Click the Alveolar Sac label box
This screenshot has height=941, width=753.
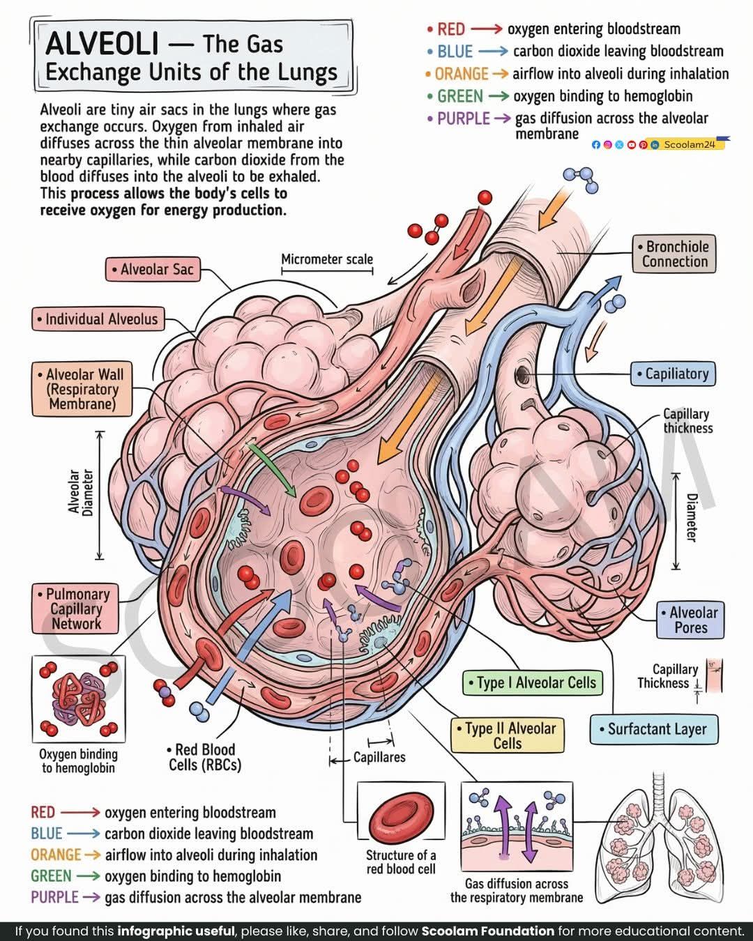tap(153, 269)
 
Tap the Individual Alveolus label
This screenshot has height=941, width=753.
tap(98, 319)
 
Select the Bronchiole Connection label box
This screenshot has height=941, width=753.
tap(674, 254)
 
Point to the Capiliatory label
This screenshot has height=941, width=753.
tap(673, 374)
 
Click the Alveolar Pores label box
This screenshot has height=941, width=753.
tap(690, 620)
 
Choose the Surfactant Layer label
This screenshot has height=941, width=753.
tap(654, 729)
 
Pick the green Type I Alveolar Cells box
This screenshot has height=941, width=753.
tap(533, 682)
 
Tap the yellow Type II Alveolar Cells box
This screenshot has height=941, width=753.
tap(508, 735)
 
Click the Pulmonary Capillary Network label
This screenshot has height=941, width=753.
tap(75, 609)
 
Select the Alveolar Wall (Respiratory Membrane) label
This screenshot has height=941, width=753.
tap(82, 389)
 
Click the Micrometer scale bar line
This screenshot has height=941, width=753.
tap(327, 271)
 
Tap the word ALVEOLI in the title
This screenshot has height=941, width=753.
tap(102, 44)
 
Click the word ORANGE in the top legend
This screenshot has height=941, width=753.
tap(462, 74)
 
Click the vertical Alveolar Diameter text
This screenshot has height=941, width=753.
tap(81, 493)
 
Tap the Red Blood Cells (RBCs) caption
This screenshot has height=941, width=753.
tap(205, 757)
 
